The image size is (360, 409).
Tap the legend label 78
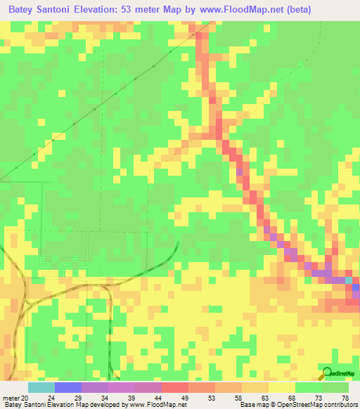pyautogui.click(x=344, y=398)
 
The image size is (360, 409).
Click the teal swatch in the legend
pyautogui.click(x=41, y=387)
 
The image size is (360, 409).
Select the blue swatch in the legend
pyautogui.click(x=68, y=387)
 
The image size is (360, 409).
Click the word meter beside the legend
pyautogui.click(x=11, y=398)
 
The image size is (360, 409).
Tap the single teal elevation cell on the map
pyautogui.click(x=349, y=280)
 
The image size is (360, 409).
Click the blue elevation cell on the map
pyautogui.click(x=356, y=287)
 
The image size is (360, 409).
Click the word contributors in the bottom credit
pyautogui.click(x=337, y=405)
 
